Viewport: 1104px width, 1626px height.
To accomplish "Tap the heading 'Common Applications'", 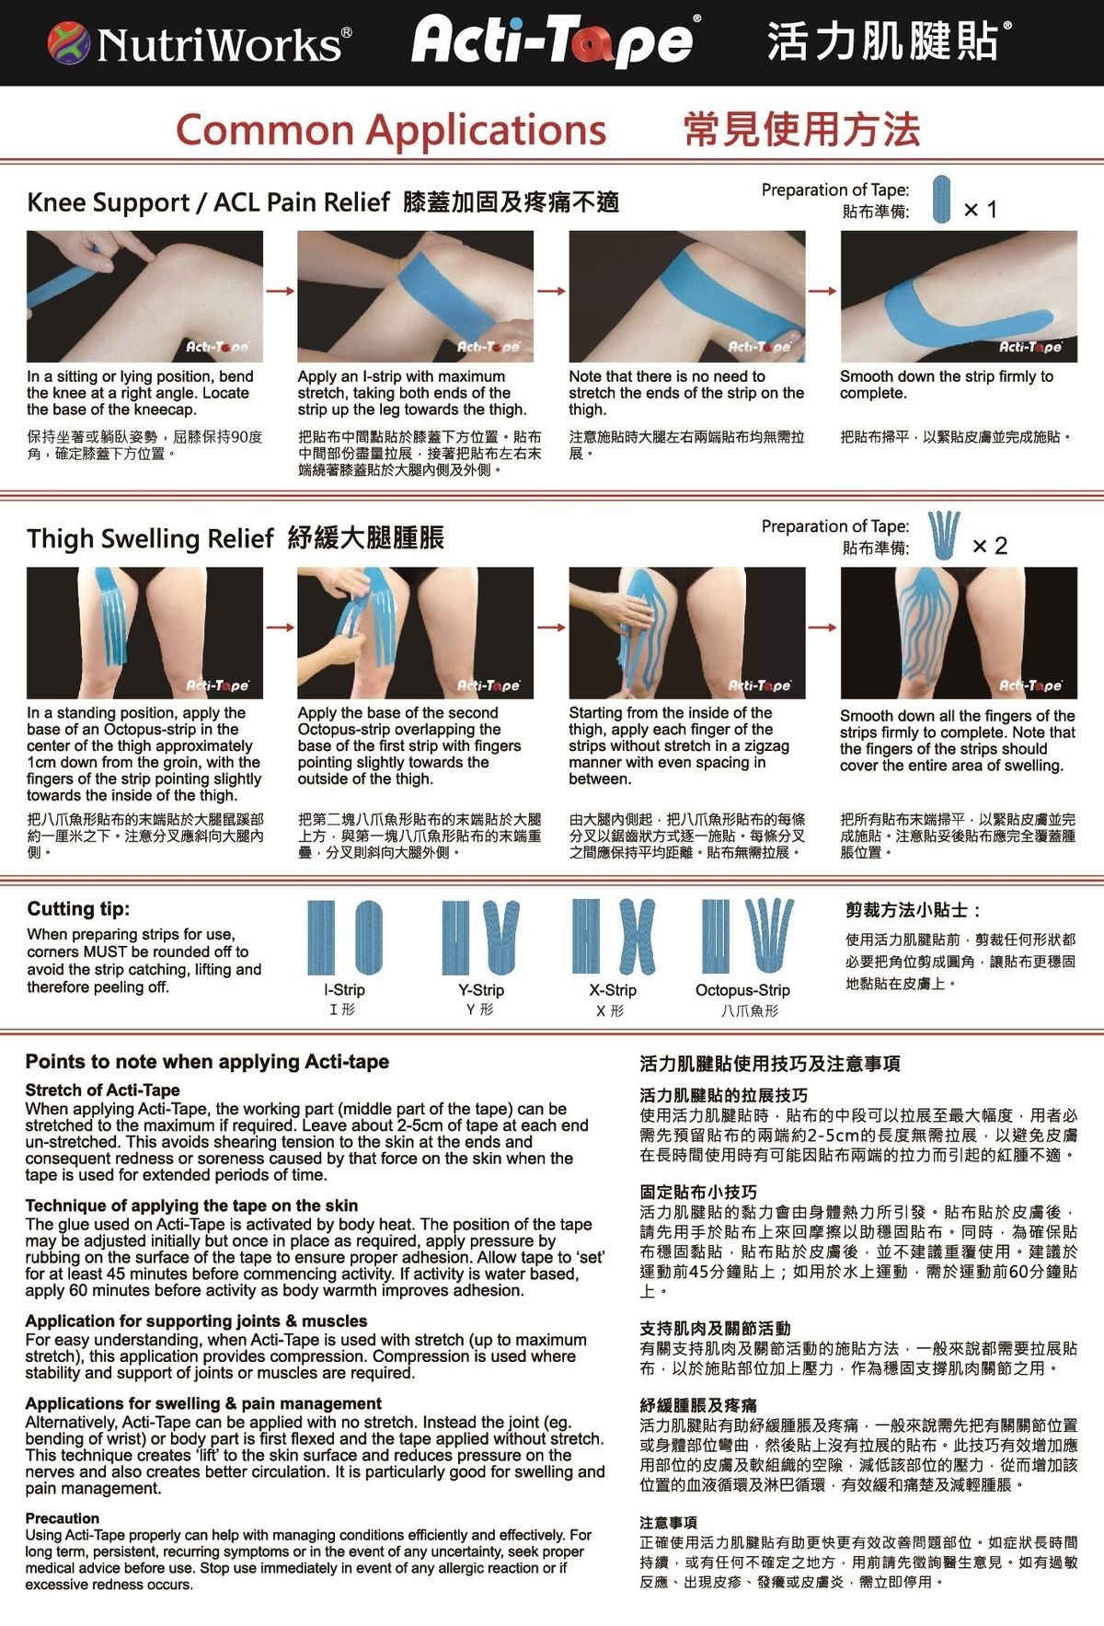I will [391, 129].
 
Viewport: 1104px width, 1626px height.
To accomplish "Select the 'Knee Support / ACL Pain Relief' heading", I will [208, 202].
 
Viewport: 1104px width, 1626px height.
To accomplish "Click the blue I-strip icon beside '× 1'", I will [941, 200].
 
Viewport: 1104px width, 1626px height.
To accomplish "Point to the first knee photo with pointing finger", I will [144, 296].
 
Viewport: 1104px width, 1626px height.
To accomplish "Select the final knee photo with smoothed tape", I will [958, 296].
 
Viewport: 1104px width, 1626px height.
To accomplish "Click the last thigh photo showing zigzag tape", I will [958, 633].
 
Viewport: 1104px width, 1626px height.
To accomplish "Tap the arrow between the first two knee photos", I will [280, 291].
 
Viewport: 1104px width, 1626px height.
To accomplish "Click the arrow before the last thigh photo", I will [822, 628].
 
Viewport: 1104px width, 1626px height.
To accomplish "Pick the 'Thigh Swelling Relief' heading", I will [150, 538].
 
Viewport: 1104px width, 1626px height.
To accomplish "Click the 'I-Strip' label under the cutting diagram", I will [344, 990].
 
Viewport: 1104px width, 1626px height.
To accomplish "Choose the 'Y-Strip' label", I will [480, 990].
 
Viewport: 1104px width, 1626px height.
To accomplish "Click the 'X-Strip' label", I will [613, 990].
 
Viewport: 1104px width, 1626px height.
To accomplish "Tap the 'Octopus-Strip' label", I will [742, 990].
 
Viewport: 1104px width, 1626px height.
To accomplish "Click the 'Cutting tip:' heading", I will [78, 909].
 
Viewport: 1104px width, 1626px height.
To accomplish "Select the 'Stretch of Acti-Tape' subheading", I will [102, 1090].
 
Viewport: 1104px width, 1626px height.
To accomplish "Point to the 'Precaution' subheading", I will [62, 1518].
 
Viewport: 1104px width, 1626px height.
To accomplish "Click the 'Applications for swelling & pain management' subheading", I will [203, 1403].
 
